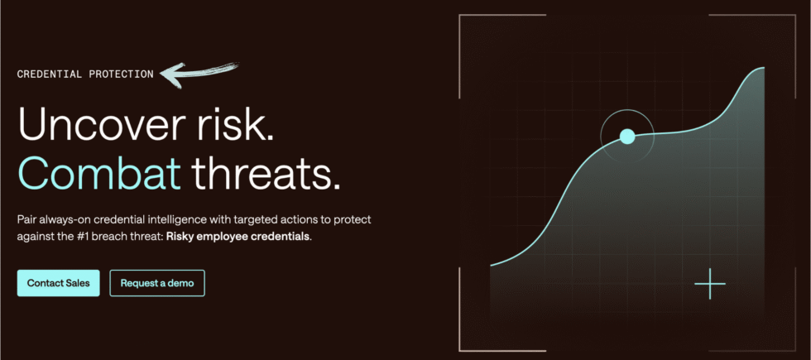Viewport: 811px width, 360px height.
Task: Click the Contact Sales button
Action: [x=58, y=283]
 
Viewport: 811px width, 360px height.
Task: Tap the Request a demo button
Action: [x=157, y=283]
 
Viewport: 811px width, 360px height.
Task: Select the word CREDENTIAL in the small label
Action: [x=50, y=74]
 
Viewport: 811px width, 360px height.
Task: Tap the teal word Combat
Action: [x=98, y=174]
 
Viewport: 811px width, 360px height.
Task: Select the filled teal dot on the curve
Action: [x=627, y=137]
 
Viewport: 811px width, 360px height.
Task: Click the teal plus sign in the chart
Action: [x=710, y=284]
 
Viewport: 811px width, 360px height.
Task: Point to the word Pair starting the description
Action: [x=28, y=220]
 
